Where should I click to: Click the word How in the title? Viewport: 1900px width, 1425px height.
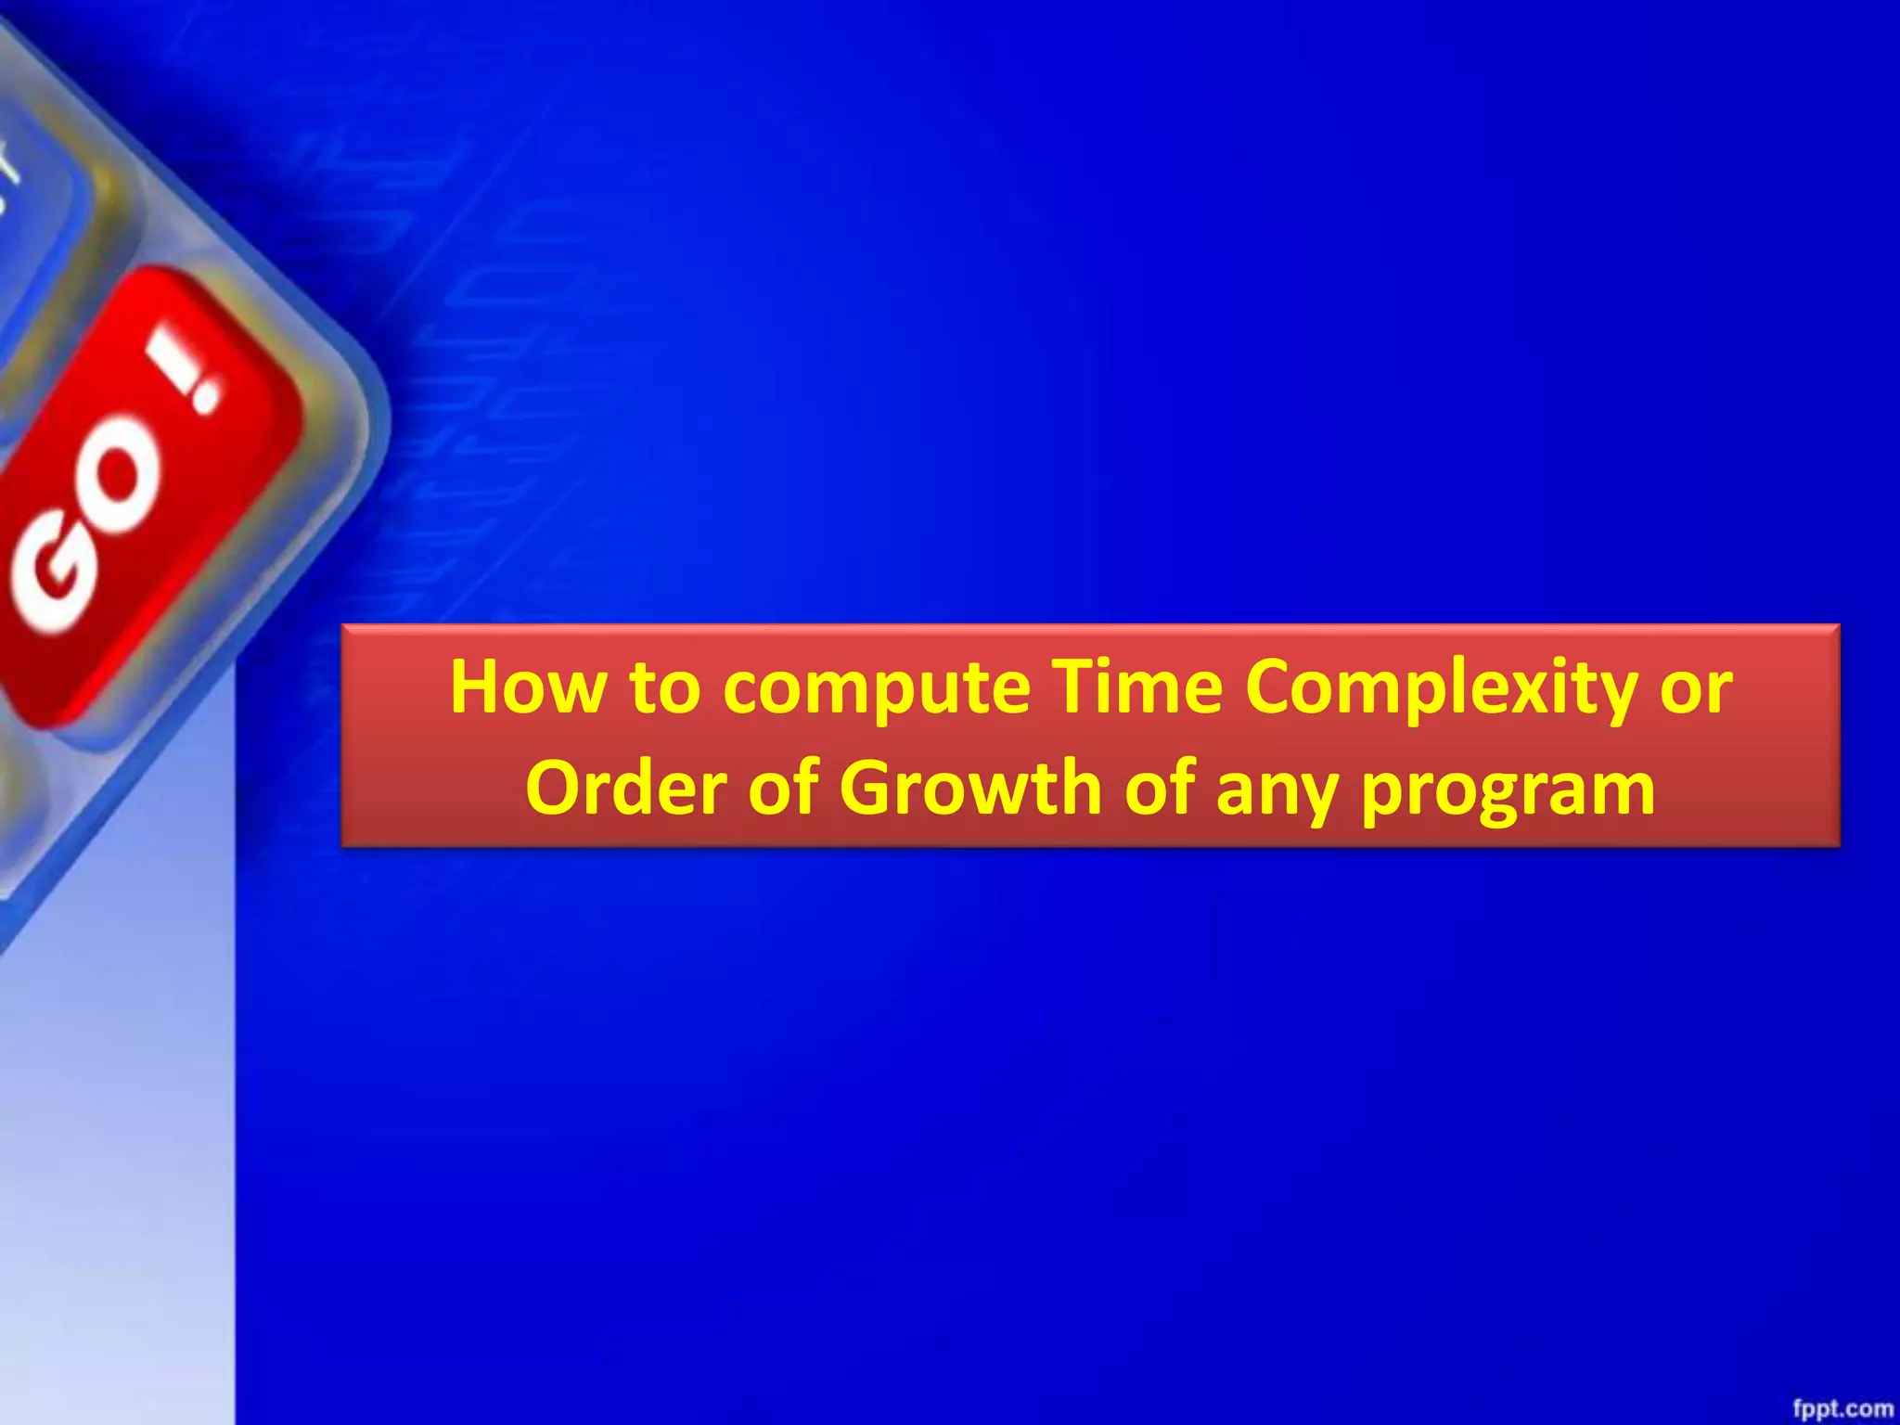point(527,687)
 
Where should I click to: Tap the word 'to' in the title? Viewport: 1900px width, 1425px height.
point(664,687)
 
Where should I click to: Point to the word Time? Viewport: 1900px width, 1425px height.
point(1138,687)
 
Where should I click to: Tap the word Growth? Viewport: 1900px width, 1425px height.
point(970,788)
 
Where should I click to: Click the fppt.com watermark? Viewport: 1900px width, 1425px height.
point(1842,1408)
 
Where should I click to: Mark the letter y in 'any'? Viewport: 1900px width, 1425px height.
point(1316,796)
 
